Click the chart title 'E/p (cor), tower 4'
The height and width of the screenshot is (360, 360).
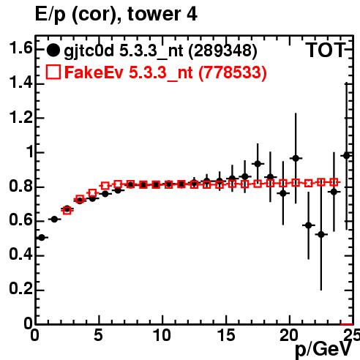pyautogui.click(x=116, y=14)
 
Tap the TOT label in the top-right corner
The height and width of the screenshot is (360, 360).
pyautogui.click(x=326, y=50)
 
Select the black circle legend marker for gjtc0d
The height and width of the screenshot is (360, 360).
pyautogui.click(x=53, y=50)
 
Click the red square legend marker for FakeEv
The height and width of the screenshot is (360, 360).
pyautogui.click(x=53, y=72)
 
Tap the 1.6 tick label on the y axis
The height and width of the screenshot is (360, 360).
pyautogui.click(x=20, y=48)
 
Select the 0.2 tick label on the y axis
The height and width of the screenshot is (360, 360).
pyautogui.click(x=20, y=288)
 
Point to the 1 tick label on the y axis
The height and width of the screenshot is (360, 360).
pyautogui.click(x=30, y=151)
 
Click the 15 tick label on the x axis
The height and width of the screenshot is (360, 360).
pyautogui.click(x=227, y=335)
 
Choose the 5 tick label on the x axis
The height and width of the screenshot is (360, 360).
pyautogui.click(x=98, y=335)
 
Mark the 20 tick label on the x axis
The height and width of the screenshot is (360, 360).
pyautogui.click(x=289, y=335)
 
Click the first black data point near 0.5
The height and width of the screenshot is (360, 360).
pyautogui.click(x=42, y=237)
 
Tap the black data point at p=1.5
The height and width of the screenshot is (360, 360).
pyautogui.click(x=54, y=220)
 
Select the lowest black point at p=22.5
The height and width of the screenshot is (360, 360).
pyautogui.click(x=321, y=235)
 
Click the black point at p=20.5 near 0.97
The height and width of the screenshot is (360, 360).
pyautogui.click(x=296, y=158)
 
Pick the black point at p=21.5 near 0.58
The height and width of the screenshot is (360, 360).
pyautogui.click(x=309, y=225)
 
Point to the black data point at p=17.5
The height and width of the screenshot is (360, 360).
pyautogui.click(x=258, y=164)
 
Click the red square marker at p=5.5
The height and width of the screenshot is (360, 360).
pyautogui.click(x=105, y=186)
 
